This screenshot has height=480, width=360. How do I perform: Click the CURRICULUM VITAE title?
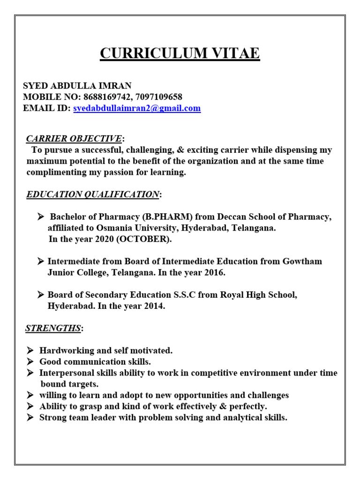[180, 53]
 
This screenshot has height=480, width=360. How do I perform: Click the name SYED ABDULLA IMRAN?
[77, 86]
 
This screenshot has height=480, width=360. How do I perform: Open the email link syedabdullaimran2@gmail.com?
[137, 108]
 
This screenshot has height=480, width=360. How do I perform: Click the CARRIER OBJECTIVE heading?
[74, 138]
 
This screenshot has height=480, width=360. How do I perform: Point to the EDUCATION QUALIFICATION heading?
[93, 194]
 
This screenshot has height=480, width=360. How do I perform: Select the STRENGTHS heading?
[53, 328]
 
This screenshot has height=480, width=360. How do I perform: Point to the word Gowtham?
[302, 261]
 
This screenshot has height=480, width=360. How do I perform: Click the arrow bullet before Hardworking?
[30, 350]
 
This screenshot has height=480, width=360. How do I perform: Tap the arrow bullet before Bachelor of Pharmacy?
[41, 217]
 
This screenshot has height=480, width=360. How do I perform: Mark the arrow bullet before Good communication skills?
[30, 361]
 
